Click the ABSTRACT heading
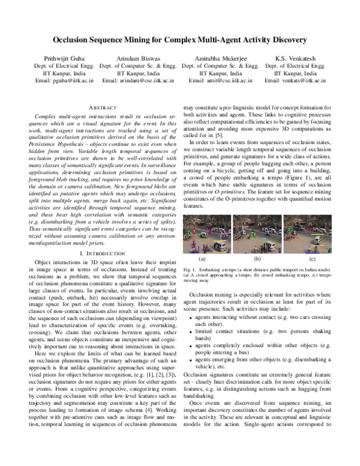(98, 106)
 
